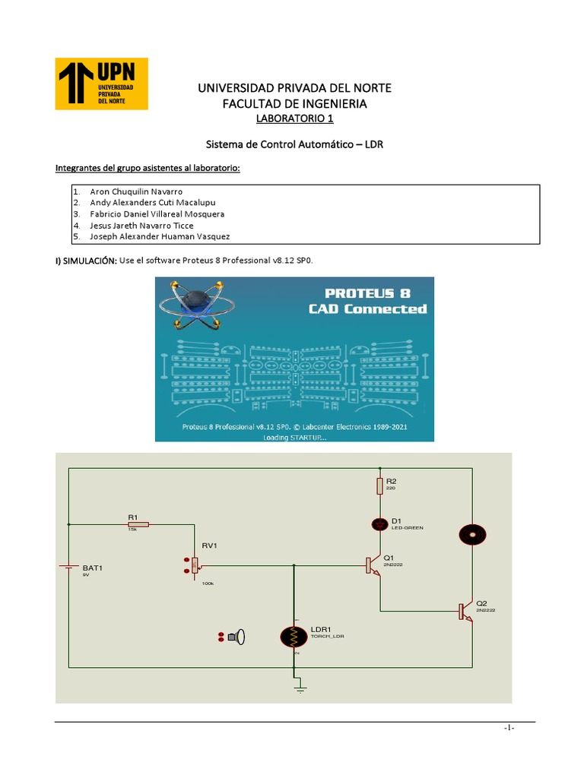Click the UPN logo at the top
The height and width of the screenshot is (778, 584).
(x=103, y=84)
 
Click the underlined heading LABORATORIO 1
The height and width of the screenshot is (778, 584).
(x=294, y=119)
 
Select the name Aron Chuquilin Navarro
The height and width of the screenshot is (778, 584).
(x=136, y=191)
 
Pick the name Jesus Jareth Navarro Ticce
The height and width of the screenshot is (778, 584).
(x=141, y=226)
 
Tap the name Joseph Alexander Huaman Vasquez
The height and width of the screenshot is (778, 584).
(x=160, y=236)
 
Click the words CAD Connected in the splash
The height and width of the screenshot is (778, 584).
(x=367, y=309)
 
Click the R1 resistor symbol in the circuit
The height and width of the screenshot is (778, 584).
(x=138, y=524)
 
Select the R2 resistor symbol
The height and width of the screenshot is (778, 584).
(x=379, y=485)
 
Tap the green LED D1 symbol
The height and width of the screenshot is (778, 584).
(x=379, y=524)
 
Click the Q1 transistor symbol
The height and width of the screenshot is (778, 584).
(x=372, y=565)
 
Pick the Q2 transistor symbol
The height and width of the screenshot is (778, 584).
(x=465, y=611)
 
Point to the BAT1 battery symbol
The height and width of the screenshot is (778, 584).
(x=69, y=566)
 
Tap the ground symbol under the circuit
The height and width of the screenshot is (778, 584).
(x=300, y=688)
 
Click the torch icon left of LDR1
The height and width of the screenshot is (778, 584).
(x=238, y=637)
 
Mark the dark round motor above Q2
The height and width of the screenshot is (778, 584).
(x=471, y=534)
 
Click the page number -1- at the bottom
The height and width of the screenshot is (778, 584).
(x=509, y=728)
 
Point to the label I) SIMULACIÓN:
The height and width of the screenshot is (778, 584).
(x=86, y=261)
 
